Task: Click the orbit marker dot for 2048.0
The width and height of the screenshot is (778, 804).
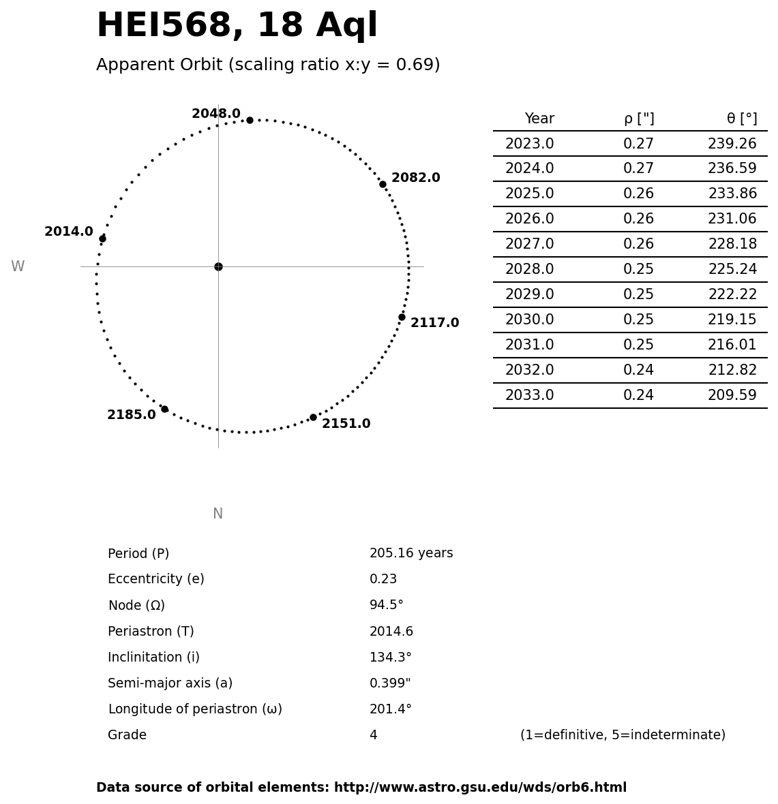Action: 250,120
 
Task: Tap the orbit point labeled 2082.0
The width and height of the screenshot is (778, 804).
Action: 383,184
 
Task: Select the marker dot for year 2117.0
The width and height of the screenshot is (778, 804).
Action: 402,317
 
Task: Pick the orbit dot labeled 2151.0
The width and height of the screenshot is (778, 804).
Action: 313,417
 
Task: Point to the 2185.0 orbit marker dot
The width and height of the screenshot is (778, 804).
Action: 164,409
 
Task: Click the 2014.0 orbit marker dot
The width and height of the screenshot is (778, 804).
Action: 102,238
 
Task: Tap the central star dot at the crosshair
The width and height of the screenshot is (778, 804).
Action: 218,266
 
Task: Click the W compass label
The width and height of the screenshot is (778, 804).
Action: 18,267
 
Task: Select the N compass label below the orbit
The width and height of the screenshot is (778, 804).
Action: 218,514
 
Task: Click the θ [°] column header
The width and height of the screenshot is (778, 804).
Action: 741,119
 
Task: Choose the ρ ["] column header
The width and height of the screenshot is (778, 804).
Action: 639,119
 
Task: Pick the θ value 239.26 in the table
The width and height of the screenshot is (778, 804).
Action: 732,144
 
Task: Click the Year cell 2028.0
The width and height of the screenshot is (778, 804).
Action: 529,270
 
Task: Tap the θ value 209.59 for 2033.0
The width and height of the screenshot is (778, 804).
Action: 732,396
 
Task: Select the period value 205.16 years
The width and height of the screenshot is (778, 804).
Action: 411,554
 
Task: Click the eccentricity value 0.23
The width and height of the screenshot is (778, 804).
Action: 383,580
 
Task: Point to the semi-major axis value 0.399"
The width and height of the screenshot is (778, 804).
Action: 390,683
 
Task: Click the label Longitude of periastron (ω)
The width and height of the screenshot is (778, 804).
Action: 195,709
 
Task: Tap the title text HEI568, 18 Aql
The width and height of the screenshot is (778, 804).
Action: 237,27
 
